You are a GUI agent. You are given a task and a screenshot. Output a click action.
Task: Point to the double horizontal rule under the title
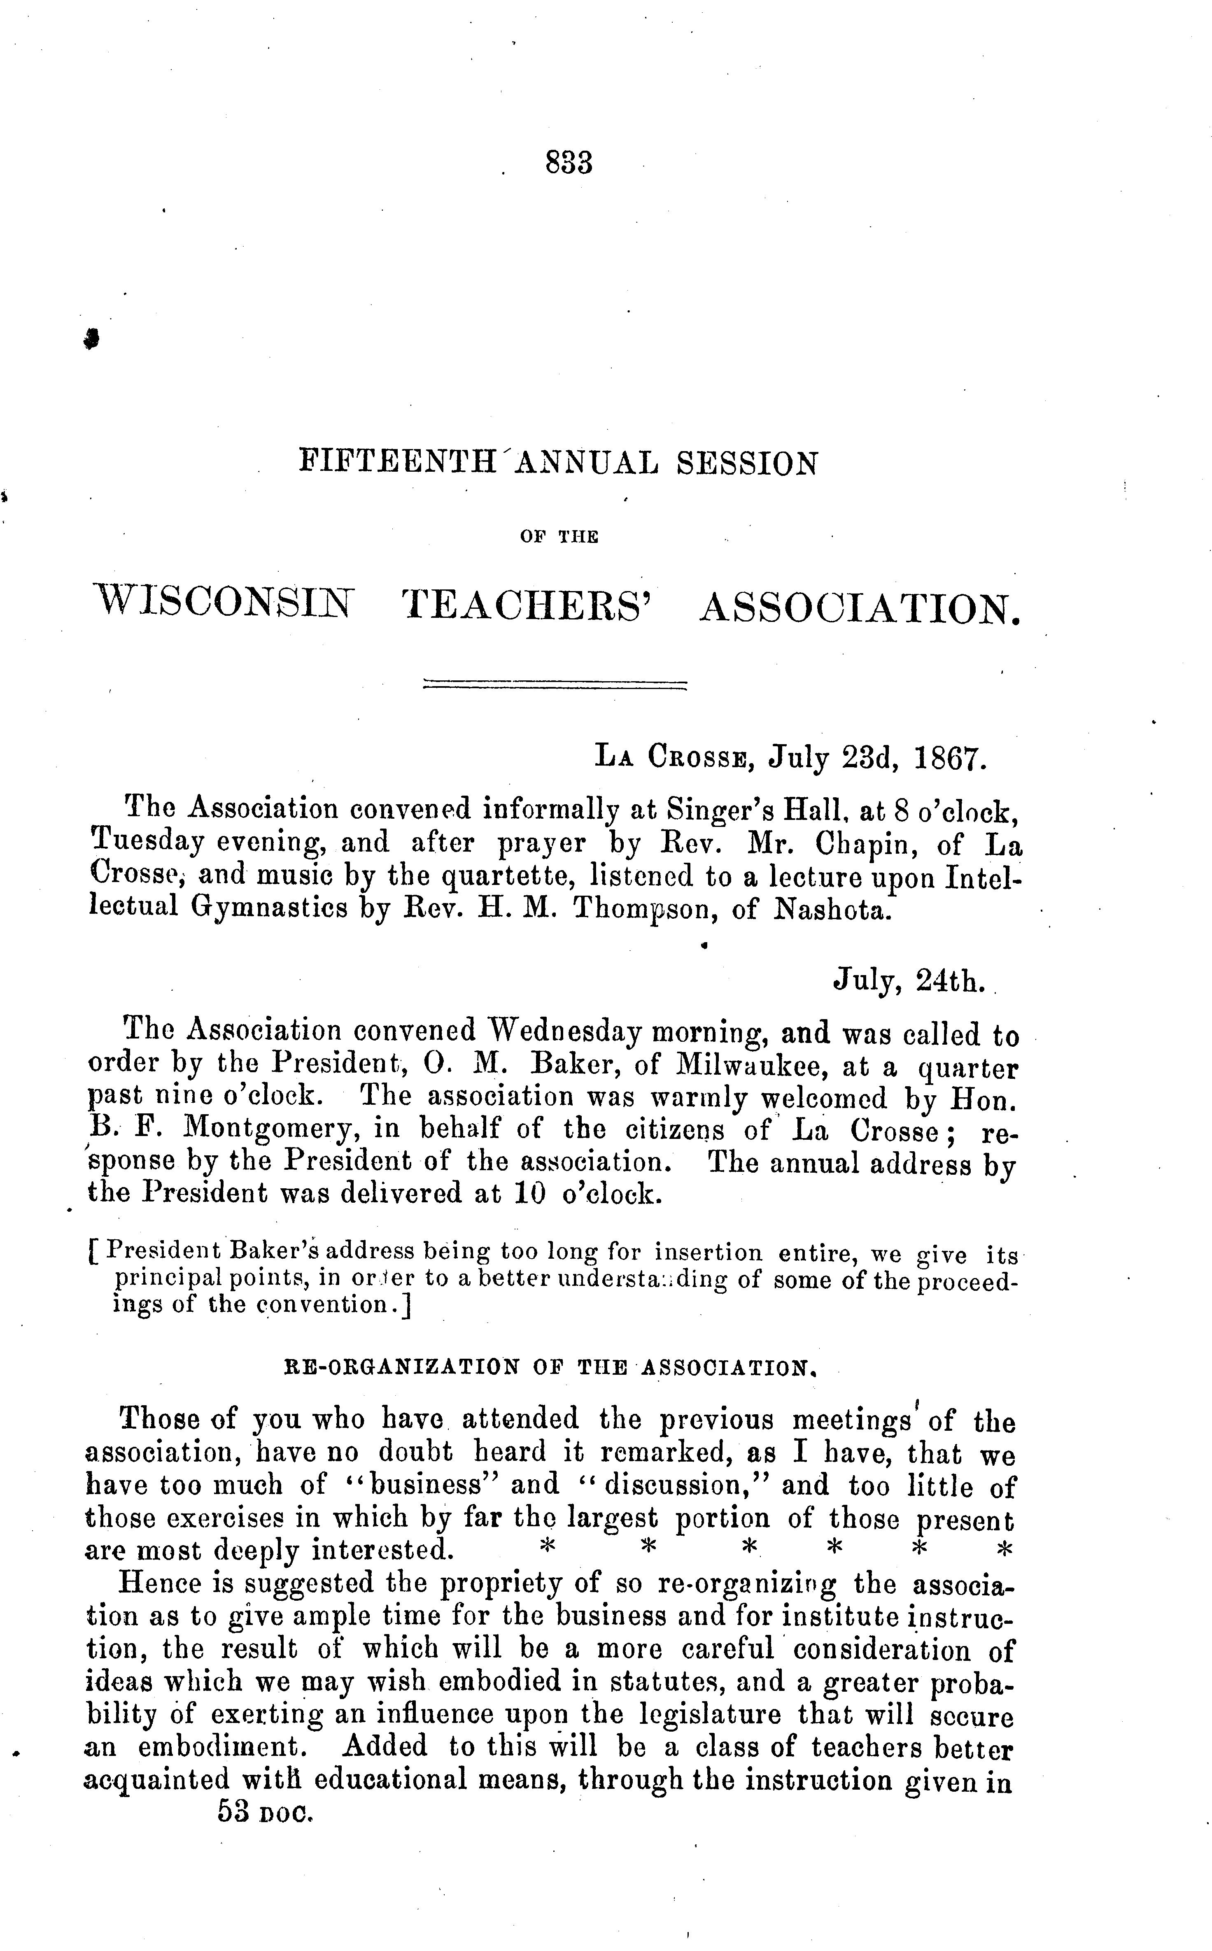click(x=555, y=685)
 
